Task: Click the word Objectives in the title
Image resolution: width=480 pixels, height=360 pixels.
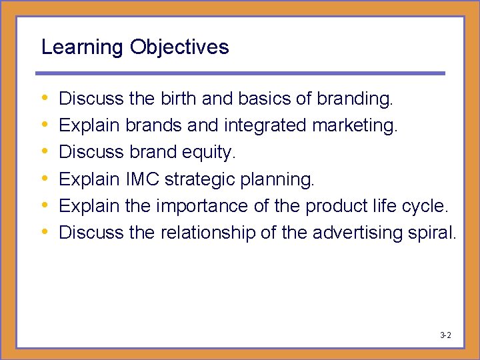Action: coord(179,47)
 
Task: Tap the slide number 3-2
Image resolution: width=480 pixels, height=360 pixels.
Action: coord(445,335)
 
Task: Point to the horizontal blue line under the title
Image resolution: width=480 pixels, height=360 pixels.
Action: coord(240,73)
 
